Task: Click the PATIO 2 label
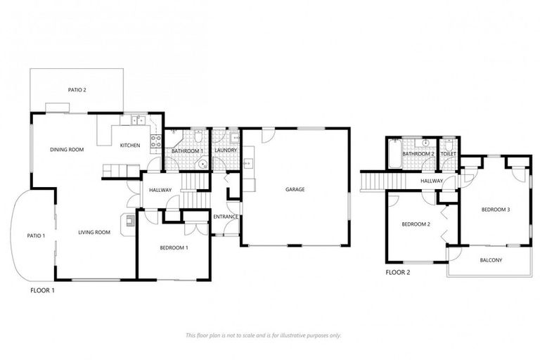(x=77, y=90)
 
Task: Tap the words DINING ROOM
(x=67, y=149)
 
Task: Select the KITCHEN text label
(x=129, y=146)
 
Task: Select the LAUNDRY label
(x=225, y=150)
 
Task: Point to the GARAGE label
(x=295, y=188)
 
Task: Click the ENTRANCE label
(x=226, y=217)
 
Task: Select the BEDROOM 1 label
(x=173, y=247)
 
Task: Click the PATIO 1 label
(x=36, y=236)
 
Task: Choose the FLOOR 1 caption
(x=42, y=289)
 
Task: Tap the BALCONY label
(x=491, y=260)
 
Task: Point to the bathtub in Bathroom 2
(x=393, y=153)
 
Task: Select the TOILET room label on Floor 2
(x=448, y=153)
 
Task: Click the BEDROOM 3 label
(x=496, y=210)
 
